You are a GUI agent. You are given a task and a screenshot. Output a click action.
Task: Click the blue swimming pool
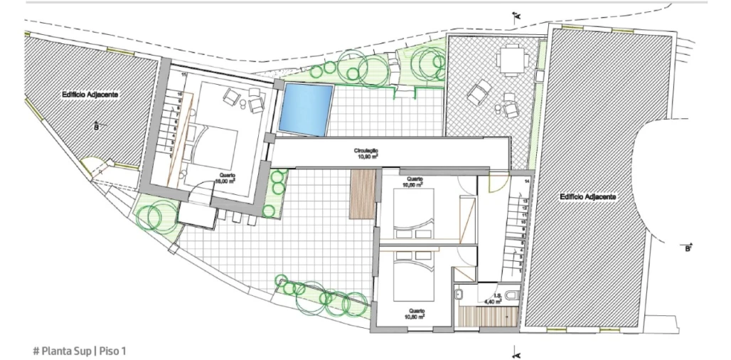(x=306, y=108)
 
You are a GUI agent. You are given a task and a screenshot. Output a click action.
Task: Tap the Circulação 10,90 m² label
(x=366, y=154)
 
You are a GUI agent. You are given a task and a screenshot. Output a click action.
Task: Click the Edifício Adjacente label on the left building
(x=90, y=94)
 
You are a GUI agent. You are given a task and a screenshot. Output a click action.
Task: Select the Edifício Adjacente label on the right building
(x=587, y=196)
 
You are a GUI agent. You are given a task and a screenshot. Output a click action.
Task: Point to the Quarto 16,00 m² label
(x=227, y=178)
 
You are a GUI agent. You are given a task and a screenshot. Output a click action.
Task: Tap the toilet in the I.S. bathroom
(x=511, y=294)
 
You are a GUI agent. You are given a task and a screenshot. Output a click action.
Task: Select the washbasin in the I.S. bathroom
(x=459, y=293)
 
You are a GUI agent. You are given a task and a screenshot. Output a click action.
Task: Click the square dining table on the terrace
(x=509, y=59)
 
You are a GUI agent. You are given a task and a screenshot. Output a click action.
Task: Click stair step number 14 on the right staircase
(x=526, y=183)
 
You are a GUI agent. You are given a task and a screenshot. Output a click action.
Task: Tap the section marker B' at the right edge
(x=688, y=248)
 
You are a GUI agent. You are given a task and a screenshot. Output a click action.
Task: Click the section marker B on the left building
(x=96, y=127)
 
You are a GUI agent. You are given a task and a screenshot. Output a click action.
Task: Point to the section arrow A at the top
(x=517, y=15)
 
